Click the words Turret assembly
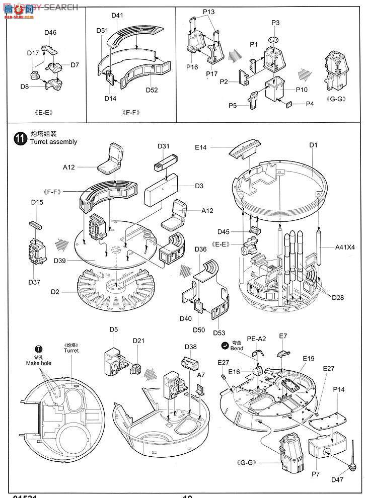[53, 142]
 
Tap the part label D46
[50, 33]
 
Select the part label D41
[117, 16]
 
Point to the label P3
[275, 23]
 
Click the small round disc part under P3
[273, 40]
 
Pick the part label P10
[302, 89]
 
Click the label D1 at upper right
[314, 145]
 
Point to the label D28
[338, 298]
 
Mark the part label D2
[56, 292]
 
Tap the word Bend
[237, 348]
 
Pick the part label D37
[34, 282]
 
